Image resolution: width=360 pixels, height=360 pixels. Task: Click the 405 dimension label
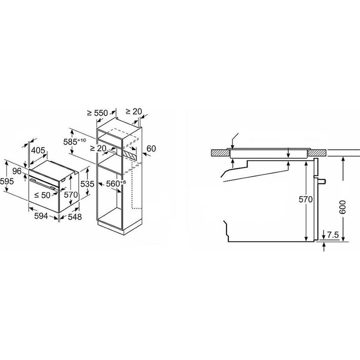(x=38, y=150)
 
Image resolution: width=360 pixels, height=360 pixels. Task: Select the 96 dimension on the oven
(x=17, y=171)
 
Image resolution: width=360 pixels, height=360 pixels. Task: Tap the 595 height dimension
(x=7, y=182)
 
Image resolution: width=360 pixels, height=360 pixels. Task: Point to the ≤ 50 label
(x=42, y=195)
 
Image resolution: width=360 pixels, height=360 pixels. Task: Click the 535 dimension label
(x=87, y=184)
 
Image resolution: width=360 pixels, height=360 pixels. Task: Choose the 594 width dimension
(x=41, y=216)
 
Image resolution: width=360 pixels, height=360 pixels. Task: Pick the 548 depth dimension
(x=75, y=217)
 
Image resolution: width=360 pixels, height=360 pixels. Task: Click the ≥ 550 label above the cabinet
(x=97, y=113)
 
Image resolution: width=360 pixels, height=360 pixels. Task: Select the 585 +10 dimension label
(x=74, y=141)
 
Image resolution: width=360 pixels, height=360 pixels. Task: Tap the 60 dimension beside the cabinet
(x=151, y=148)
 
